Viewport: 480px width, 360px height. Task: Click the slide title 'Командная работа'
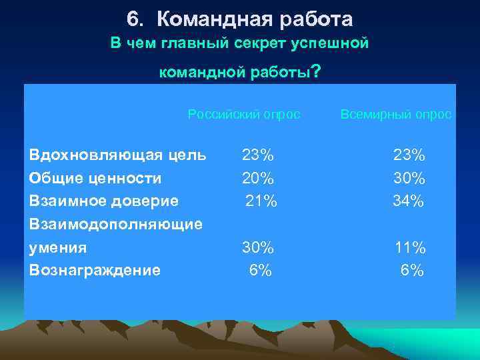[255, 19]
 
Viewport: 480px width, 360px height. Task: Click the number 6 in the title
[132, 19]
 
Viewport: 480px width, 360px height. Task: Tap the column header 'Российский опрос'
[244, 115]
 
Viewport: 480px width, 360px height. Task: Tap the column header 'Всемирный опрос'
[396, 115]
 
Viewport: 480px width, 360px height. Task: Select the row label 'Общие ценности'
[96, 178]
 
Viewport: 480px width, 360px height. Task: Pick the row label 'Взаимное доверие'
[104, 201]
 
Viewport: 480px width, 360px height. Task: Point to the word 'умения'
[59, 247]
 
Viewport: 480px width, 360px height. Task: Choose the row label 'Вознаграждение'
[95, 270]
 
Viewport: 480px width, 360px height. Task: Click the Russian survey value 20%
[257, 178]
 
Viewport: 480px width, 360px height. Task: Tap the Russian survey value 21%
[261, 201]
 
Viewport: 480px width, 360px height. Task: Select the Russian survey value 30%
[257, 247]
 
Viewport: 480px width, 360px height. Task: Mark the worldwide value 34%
[409, 201]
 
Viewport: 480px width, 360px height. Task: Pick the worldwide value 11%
[410, 247]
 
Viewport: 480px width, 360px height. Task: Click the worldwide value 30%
[409, 178]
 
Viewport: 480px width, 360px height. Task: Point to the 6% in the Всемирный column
[412, 270]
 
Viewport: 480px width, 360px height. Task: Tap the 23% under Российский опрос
[257, 155]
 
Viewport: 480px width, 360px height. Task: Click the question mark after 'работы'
[316, 71]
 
